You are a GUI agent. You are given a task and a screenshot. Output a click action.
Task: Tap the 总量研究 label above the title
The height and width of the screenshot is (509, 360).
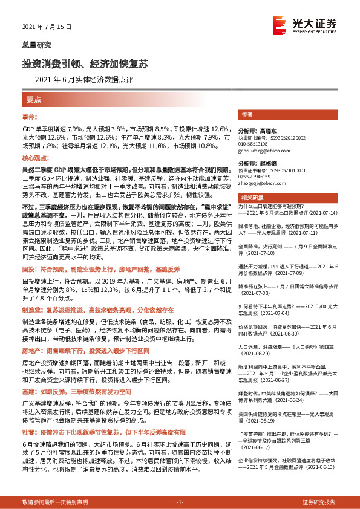coord(37,45)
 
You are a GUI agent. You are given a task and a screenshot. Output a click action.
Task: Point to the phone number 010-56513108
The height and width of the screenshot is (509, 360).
coord(254,143)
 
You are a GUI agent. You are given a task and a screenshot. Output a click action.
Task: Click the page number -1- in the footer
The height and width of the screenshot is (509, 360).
coord(179,502)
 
